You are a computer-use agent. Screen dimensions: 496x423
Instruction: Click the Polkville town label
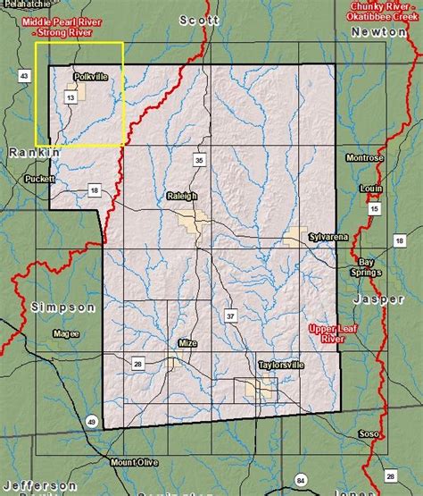pyautogui.click(x=90, y=77)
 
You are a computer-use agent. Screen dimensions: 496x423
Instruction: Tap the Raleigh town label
pyautogui.click(x=181, y=195)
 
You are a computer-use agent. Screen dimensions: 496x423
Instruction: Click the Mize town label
pyautogui.click(x=187, y=343)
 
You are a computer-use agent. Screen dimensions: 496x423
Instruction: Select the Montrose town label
pyautogui.click(x=365, y=158)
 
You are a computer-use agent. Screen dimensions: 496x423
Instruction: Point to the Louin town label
pyautogui.click(x=370, y=189)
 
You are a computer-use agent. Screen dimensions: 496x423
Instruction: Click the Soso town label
pyautogui.click(x=368, y=434)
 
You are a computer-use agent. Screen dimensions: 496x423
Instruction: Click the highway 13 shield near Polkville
pyautogui.click(x=71, y=97)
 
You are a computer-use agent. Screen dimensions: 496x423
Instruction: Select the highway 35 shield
pyautogui.click(x=199, y=160)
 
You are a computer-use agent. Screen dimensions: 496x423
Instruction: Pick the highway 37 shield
pyautogui.click(x=230, y=316)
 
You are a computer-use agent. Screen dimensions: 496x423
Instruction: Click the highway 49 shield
pyautogui.click(x=92, y=421)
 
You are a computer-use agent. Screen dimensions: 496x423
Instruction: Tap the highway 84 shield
pyautogui.click(x=301, y=481)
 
